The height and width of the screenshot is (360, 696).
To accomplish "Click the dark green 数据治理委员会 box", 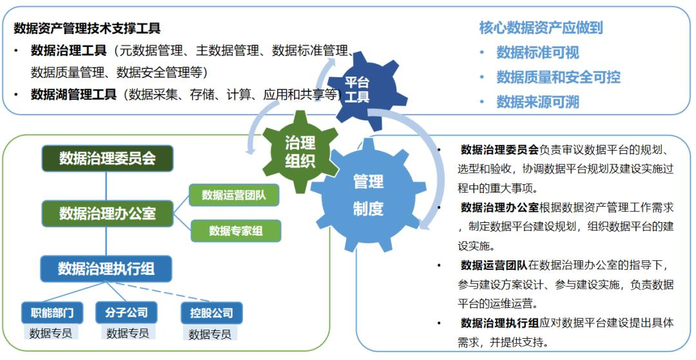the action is pos(108,158).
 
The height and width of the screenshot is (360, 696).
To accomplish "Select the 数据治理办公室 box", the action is pos(108,213).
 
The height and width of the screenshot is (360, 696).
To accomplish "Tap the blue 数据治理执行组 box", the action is pos(106,269).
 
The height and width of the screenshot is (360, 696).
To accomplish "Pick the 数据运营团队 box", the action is pos(234,195).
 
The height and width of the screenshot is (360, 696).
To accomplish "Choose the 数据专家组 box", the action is pos(236,231).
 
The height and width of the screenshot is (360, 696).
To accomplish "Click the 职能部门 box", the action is pos(52,313).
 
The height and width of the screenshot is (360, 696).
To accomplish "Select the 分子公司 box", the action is pos(126,312).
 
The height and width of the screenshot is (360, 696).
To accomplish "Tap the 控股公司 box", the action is pos(211,314).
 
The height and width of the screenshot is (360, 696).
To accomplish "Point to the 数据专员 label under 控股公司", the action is pos(210,334).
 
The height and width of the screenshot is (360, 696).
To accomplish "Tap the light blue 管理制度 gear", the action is pos(369,194).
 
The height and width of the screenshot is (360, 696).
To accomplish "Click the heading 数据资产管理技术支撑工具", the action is pos(87,28).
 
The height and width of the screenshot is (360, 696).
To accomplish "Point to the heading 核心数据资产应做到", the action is pos(541,28).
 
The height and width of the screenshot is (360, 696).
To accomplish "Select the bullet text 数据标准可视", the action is pos(537,52).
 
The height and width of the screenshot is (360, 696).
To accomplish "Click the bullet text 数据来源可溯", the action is pos(537,102).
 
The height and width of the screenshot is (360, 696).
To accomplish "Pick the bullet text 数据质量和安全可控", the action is pos(558,77).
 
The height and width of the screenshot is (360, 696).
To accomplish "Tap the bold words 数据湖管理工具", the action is pos(73,95).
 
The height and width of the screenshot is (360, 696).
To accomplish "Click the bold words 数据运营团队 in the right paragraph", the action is pos(494,265).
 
